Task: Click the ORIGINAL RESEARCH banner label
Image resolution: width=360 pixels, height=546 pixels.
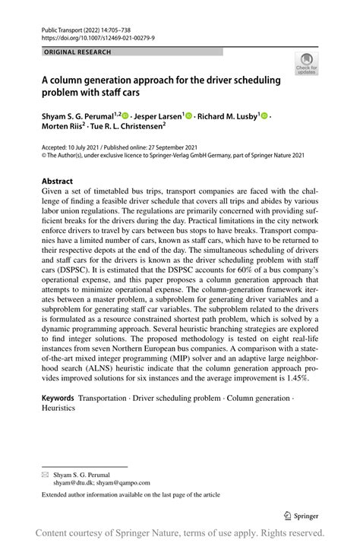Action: [x=77, y=52]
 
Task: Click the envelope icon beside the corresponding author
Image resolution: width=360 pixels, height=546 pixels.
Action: [x=45, y=472]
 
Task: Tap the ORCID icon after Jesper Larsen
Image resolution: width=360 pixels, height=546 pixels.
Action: [x=188, y=115]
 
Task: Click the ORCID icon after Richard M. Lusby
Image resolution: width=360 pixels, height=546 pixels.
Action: [x=265, y=115]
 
